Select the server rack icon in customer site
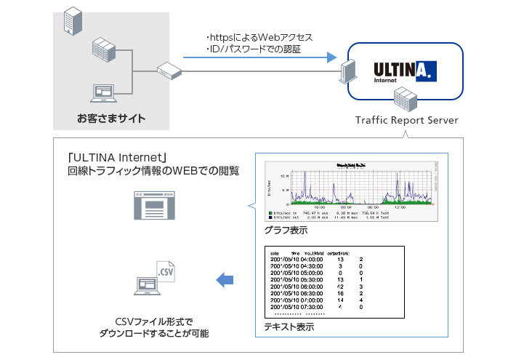click(x=105, y=51)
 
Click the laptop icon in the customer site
click(x=104, y=93)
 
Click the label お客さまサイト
click(x=111, y=118)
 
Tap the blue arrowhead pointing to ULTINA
click(x=331, y=57)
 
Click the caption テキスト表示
click(x=289, y=327)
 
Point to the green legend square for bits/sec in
click(x=270, y=212)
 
